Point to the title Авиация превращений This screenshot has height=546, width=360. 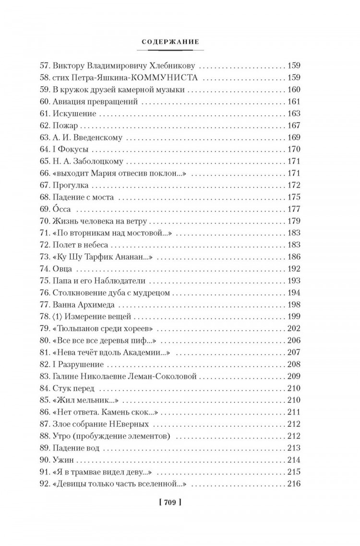[x=96, y=102]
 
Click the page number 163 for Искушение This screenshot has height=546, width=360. [x=293, y=114]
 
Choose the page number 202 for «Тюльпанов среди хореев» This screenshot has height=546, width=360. [x=293, y=329]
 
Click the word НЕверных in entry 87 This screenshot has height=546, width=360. [x=132, y=424]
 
